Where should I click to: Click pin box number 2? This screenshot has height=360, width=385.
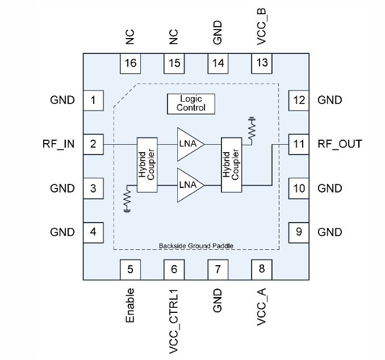pos(93,144)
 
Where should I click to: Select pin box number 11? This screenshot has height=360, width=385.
pos(299,144)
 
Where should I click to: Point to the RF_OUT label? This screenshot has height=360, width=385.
pos(340,144)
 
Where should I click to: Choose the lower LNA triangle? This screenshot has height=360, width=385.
pos(187,185)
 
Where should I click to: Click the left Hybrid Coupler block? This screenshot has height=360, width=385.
pos(146,165)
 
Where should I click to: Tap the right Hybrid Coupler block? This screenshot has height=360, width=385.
pos(231,165)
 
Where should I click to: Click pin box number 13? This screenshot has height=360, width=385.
pos(262,62)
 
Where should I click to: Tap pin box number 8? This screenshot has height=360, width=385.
pos(262,269)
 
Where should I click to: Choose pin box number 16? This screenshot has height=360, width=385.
pos(131,62)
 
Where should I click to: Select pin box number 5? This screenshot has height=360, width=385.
pos(131,269)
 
